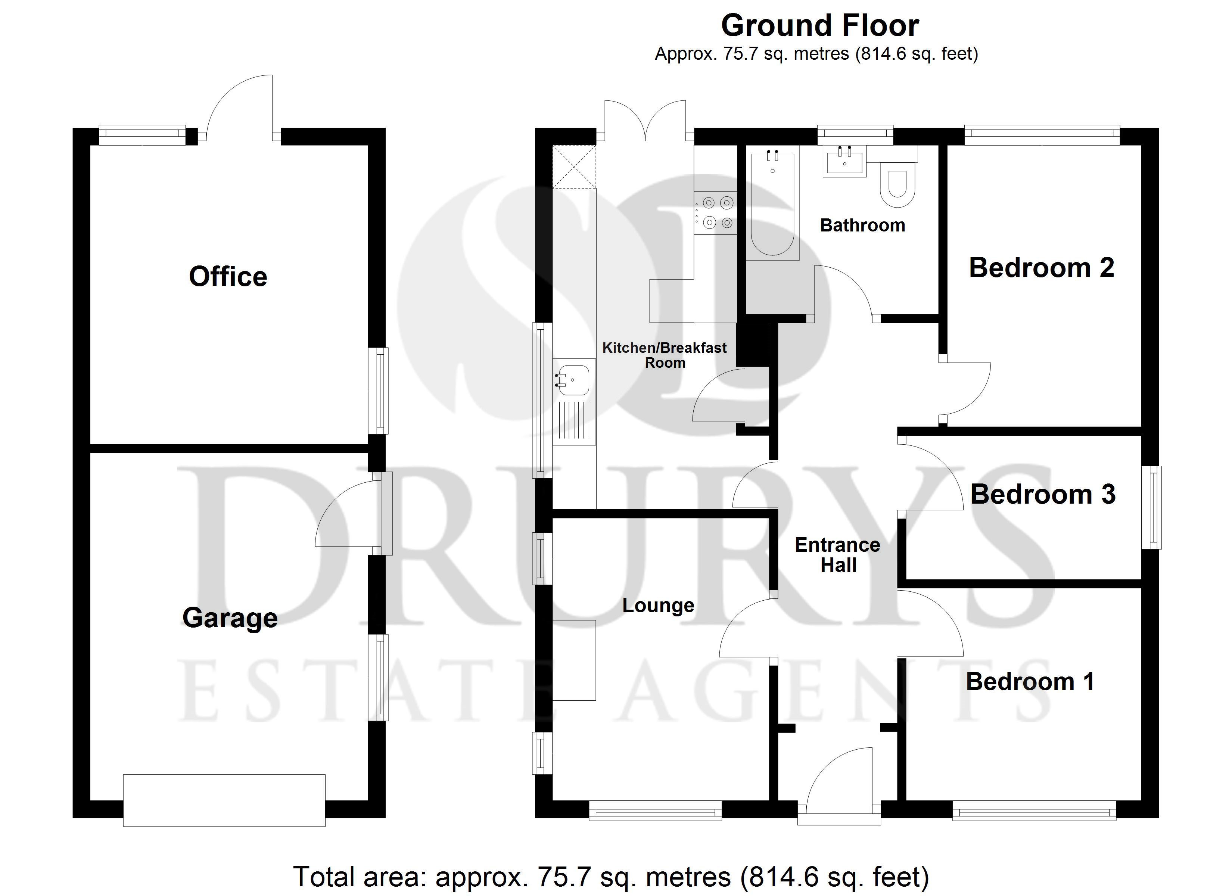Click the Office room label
[x=228, y=277]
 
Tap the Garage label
[x=230, y=618]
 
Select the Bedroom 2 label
[x=1041, y=268]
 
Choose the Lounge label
[x=658, y=605]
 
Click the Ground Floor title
[x=820, y=25]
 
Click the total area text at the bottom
[x=611, y=877]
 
